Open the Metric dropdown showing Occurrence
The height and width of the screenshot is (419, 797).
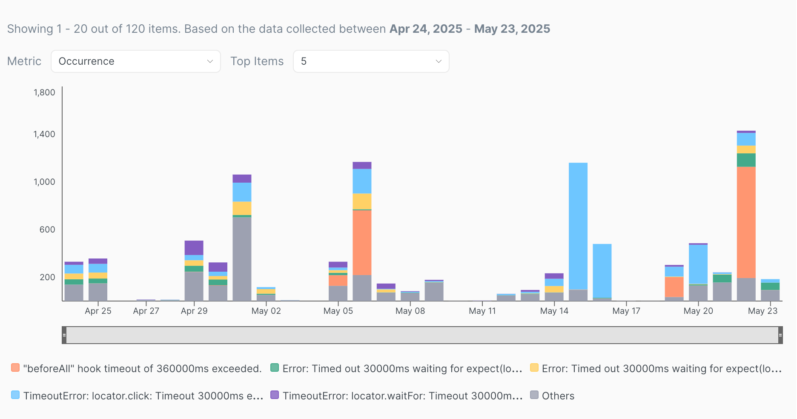(135, 61)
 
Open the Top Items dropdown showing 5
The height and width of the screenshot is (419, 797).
(371, 61)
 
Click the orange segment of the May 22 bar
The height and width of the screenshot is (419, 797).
(746, 222)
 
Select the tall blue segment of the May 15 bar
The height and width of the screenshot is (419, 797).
(578, 226)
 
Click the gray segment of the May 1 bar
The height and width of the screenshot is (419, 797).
(242, 259)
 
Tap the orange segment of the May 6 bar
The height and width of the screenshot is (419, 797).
(362, 242)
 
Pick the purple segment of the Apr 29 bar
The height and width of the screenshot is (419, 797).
(194, 248)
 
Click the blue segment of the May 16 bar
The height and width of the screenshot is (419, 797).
(602, 271)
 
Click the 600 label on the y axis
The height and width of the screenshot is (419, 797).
(47, 230)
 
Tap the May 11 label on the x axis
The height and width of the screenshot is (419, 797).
(482, 311)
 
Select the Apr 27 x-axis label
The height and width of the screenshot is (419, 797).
(146, 311)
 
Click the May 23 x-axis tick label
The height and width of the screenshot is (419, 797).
(763, 311)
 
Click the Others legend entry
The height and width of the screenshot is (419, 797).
(552, 396)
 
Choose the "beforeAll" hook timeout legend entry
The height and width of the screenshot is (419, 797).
(136, 368)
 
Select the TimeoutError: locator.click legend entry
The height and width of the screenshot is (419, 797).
(137, 396)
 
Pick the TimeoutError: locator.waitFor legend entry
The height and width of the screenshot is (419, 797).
(396, 396)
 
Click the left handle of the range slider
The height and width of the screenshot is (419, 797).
(64, 335)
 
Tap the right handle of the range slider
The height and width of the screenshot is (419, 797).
(780, 335)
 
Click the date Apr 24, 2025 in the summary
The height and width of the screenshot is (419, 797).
(426, 29)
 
